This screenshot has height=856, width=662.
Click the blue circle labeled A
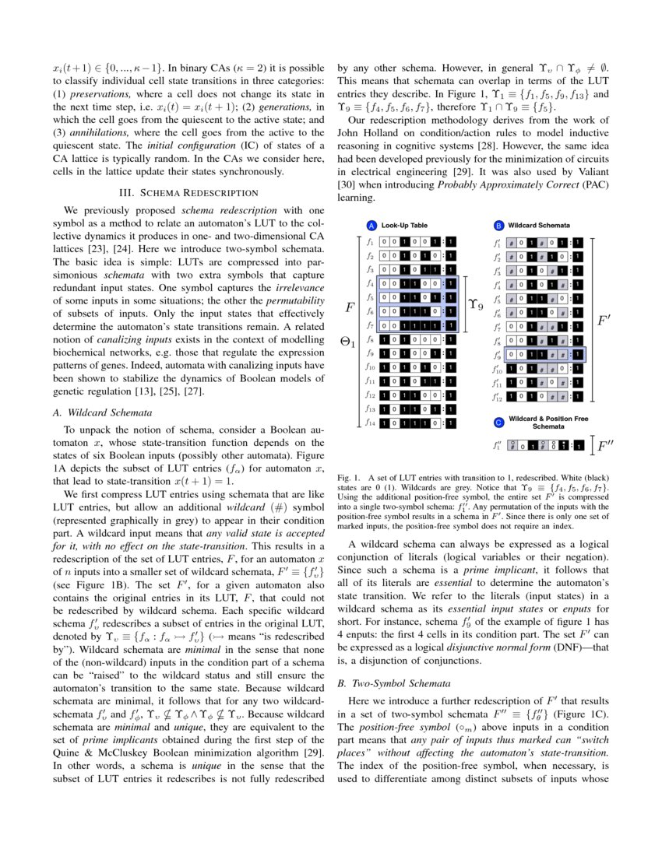click(x=371, y=225)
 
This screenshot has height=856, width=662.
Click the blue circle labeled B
click(x=498, y=225)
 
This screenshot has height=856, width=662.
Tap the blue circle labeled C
click(x=498, y=423)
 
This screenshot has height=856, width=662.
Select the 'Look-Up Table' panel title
click(x=403, y=225)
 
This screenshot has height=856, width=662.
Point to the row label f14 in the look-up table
click(x=371, y=423)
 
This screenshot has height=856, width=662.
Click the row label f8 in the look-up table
click(x=371, y=339)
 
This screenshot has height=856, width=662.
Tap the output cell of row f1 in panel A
click(x=451, y=242)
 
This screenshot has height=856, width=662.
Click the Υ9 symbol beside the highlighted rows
click(x=475, y=305)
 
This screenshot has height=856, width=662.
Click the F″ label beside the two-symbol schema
click(x=607, y=446)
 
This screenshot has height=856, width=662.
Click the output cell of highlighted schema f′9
click(x=578, y=354)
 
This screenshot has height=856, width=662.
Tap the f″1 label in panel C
click(x=497, y=446)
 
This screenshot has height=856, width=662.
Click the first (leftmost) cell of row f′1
click(x=512, y=242)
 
